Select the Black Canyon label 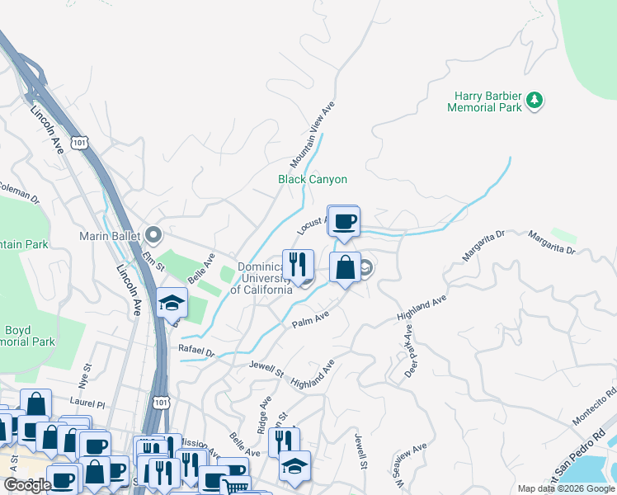pos(312,179)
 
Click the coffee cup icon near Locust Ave pos(344,221)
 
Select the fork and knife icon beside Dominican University pos(298,264)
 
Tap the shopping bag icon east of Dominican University pos(345,267)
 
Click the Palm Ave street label pos(311,319)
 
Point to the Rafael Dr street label pos(196,351)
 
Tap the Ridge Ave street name pos(265,412)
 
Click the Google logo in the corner pos(26,485)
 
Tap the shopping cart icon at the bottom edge pos(236,487)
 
